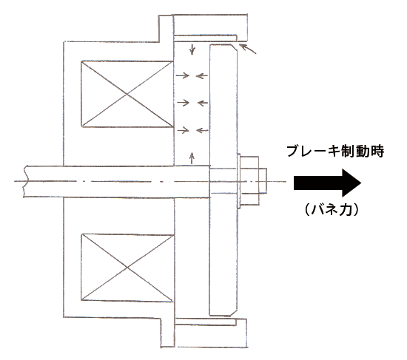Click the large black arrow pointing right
point(327,183)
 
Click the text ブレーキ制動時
point(335,152)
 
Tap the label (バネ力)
point(332,209)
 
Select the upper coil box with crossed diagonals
point(127,94)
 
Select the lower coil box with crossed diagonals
point(127,268)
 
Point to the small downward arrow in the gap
point(192,50)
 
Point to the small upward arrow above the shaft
point(192,158)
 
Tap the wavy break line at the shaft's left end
point(24,182)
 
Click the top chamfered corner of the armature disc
point(234,47)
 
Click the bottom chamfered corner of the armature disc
point(234,313)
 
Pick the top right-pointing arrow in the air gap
point(183,75)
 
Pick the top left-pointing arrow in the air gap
point(202,76)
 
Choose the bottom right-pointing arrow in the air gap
point(183,130)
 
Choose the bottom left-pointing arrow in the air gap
point(202,130)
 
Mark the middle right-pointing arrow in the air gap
point(183,103)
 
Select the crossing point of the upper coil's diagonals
point(127,95)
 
